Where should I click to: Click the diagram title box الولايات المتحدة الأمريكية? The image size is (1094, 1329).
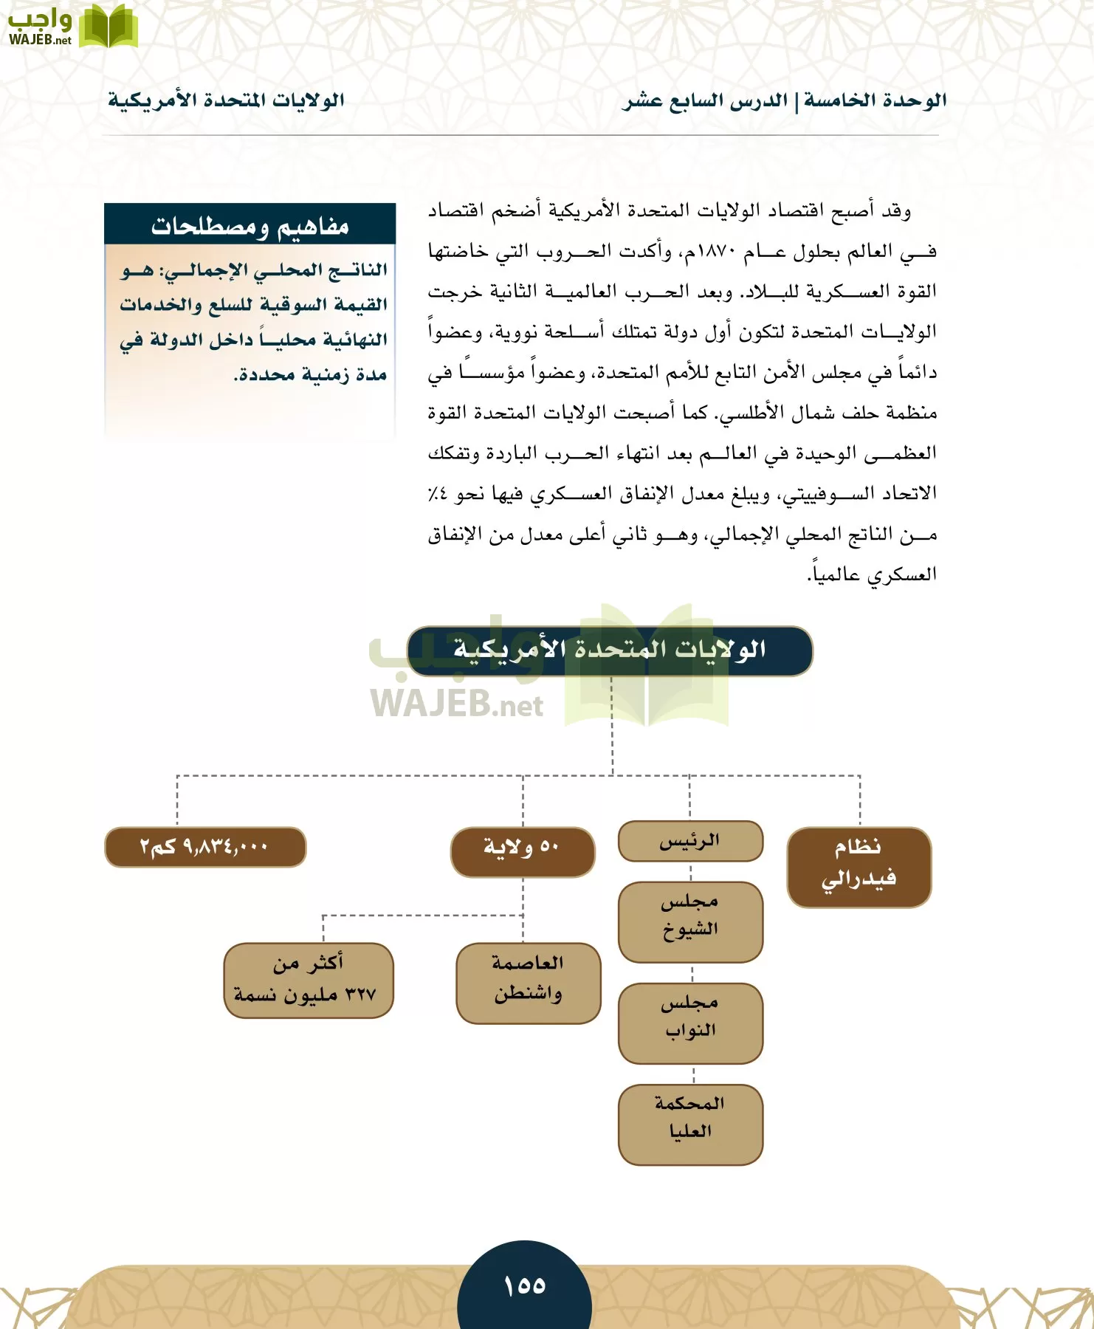point(610,650)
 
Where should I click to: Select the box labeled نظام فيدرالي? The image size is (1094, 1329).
point(859,867)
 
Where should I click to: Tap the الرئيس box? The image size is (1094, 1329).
point(690,841)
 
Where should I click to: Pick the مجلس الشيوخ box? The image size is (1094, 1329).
point(690,921)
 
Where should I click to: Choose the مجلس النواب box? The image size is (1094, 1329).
point(690,1023)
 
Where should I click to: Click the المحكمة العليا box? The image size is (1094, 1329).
point(690,1124)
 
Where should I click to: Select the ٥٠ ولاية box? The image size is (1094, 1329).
point(523,851)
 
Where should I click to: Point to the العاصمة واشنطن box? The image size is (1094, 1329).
point(529,983)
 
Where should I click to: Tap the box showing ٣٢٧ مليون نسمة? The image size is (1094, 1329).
point(309,981)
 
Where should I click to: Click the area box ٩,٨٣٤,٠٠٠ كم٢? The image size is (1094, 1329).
point(205,846)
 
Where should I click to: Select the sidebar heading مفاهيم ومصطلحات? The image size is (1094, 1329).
point(250,226)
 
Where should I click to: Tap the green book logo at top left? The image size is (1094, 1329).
point(108,27)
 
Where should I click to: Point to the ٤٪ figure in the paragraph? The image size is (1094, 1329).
point(437,494)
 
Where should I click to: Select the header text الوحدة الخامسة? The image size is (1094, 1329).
point(875,100)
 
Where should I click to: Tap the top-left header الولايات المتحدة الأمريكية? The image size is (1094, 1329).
point(226,100)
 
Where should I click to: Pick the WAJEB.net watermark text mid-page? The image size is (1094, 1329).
point(456,704)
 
